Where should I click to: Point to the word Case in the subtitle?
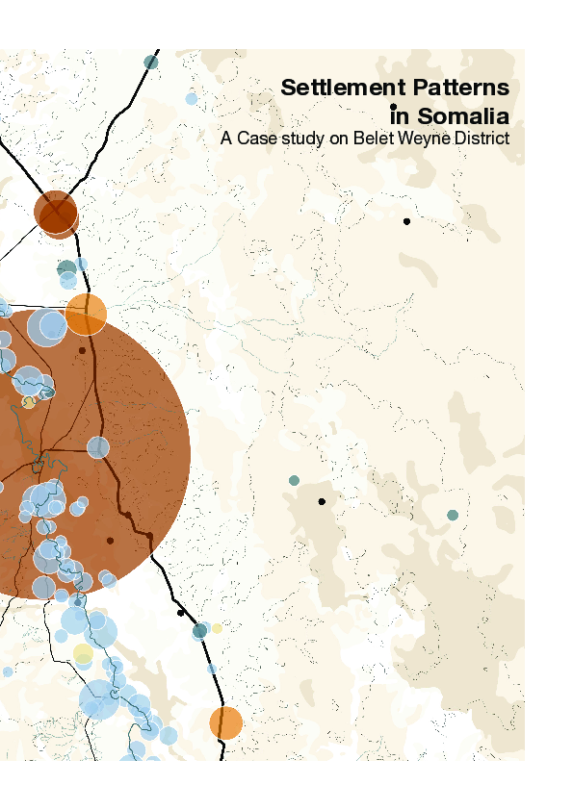click(x=253, y=139)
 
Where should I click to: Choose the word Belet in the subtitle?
click(x=370, y=139)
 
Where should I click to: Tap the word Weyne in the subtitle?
click(x=418, y=139)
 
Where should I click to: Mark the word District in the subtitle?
click(x=478, y=139)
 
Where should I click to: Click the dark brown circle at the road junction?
click(x=55, y=212)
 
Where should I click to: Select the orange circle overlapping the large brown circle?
click(x=86, y=314)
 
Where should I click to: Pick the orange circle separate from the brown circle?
click(x=225, y=722)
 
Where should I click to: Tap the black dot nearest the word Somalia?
click(x=394, y=107)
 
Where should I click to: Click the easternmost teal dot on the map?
click(x=453, y=516)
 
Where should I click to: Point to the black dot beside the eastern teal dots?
click(x=322, y=501)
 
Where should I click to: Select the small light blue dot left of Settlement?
click(x=191, y=98)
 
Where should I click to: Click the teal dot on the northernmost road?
click(x=150, y=63)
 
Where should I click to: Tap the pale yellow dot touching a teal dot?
click(x=217, y=628)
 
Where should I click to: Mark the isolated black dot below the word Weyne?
click(x=406, y=221)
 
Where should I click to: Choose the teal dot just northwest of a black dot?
click(x=294, y=480)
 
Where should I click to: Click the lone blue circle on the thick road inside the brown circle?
click(x=98, y=446)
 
